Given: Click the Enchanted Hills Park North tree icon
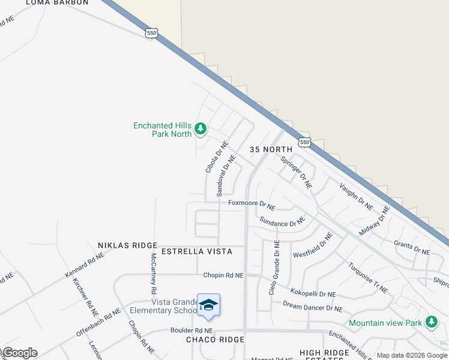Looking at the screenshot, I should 200,128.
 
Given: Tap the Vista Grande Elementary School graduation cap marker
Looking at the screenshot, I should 208,305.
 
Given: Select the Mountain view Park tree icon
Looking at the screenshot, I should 431,322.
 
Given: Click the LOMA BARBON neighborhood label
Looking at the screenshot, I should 57,2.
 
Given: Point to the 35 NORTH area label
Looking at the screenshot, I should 270,149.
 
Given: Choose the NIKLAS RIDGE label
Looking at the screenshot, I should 127,246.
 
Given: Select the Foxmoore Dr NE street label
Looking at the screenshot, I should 252,205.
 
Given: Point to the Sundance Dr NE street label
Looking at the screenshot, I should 283,222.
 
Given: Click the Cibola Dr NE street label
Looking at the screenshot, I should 217,157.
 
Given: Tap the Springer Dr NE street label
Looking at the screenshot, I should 297,173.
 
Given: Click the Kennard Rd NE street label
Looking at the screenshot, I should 85,265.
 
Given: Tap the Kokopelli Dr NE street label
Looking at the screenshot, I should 313,294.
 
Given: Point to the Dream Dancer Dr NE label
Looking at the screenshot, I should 313,307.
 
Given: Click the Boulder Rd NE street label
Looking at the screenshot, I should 191,330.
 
